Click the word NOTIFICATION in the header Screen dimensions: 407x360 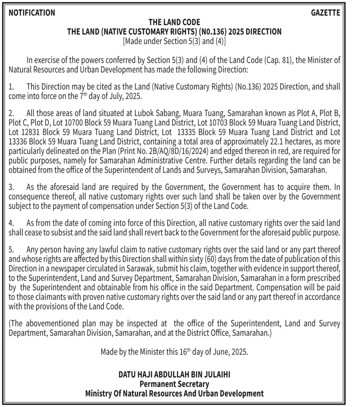[x=32, y=13]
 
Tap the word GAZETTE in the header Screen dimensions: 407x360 [x=325, y=13]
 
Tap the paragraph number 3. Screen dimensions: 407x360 [x=11, y=186]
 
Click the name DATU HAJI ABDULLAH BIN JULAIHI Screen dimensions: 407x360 [x=174, y=374]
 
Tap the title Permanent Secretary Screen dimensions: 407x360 [x=174, y=384]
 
